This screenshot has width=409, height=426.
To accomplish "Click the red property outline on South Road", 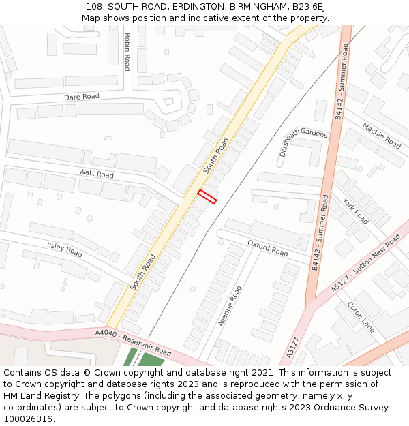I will [207, 197].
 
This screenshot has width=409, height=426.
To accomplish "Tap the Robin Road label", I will [127, 52].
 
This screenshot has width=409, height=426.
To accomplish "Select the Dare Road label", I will [82, 97].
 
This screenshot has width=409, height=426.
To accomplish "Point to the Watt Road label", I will [96, 174].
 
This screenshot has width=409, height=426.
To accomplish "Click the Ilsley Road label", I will [65, 249].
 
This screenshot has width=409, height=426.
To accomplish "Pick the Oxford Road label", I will [268, 247].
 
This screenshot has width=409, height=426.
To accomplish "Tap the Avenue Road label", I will [230, 306].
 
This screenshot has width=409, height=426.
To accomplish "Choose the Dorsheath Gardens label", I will [303, 142].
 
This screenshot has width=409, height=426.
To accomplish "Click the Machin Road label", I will [381, 136].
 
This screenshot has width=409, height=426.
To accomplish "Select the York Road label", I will [355, 211].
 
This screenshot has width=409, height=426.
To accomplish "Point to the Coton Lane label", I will [361, 318].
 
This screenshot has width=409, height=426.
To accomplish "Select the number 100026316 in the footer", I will [29, 419].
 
